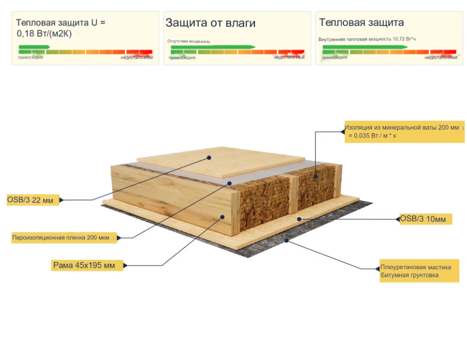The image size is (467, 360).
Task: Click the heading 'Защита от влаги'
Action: [210, 23]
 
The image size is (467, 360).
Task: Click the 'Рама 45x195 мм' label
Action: [84, 265]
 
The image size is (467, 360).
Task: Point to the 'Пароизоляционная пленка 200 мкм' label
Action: [64, 237]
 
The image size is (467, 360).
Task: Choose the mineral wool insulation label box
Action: [404, 131]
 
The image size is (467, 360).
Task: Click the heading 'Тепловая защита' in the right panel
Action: [361, 23]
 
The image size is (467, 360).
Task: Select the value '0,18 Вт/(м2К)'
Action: [44, 33]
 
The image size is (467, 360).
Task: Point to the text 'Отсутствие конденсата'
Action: [189, 41]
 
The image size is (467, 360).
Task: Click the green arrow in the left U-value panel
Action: [34, 47]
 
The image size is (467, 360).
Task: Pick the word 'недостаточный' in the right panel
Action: [441, 57]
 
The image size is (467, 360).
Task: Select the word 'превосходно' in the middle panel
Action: [182, 57]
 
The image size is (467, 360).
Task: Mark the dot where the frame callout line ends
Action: [223, 216]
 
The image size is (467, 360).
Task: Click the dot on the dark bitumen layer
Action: [286, 241]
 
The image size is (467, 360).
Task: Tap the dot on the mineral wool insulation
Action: [316, 177]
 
